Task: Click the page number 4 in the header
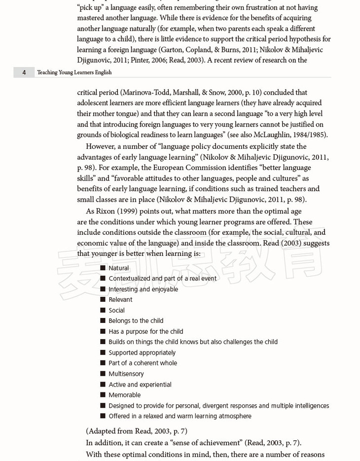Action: (x=24, y=72)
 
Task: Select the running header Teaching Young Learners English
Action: (x=74, y=72)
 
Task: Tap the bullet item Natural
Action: (x=118, y=268)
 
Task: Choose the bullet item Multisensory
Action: (x=126, y=374)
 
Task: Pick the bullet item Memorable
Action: (x=124, y=395)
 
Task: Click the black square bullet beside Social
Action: (x=103, y=310)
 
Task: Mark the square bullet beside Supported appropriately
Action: (x=103, y=353)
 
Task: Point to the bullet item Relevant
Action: (x=120, y=300)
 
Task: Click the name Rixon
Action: (x=105, y=211)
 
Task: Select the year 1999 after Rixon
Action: (x=127, y=211)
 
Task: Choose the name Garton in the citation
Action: (x=173, y=50)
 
